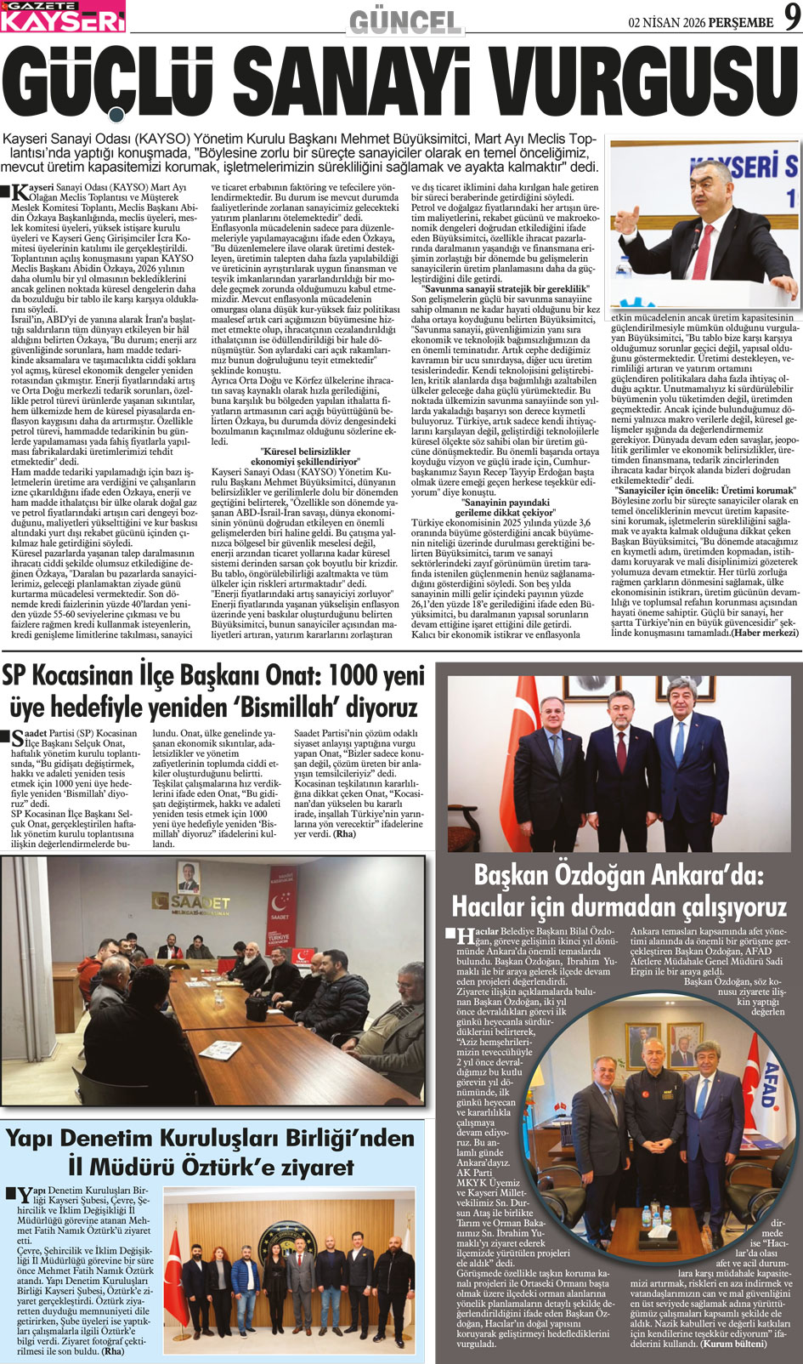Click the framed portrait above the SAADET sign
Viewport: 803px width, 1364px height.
pos(189,875)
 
